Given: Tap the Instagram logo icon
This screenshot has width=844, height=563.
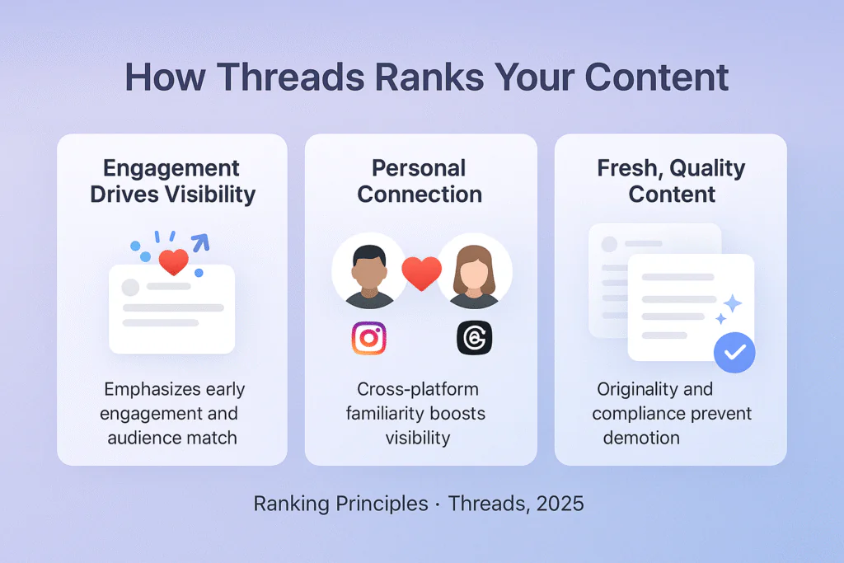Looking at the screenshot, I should click(368, 338).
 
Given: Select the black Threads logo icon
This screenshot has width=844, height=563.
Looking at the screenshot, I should click(474, 338).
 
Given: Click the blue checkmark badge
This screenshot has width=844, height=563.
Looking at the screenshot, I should click(734, 353).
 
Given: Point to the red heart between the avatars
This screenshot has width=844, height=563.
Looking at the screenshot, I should click(421, 273).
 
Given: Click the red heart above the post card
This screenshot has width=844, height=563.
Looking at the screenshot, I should click(173, 262).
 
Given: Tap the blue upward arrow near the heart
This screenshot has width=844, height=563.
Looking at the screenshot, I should click(199, 242).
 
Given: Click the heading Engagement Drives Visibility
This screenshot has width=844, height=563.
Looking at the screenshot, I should click(172, 181).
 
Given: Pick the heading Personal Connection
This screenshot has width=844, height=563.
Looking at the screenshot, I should click(420, 181).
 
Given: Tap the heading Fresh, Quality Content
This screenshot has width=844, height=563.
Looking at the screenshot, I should click(670, 181).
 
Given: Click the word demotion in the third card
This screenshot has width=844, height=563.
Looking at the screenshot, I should click(641, 437).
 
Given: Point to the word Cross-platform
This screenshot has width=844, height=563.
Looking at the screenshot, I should click(417, 389).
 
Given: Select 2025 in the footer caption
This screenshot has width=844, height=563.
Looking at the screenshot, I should click(560, 504).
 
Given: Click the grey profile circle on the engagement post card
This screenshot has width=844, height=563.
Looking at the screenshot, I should click(130, 288).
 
